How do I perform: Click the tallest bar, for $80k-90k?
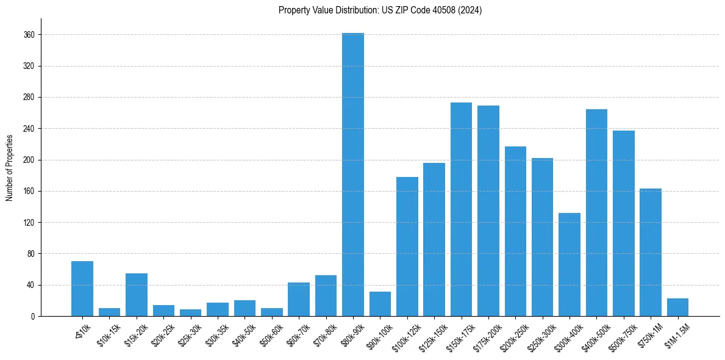353,175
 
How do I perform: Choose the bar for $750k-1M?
651,252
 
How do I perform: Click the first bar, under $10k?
82,289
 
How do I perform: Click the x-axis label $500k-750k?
621,335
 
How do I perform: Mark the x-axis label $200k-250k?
513,335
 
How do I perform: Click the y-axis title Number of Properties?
9,167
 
